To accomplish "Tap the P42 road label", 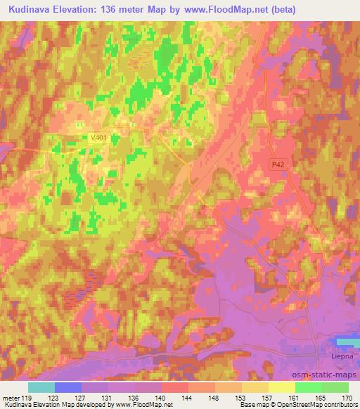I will pyautogui.click(x=278, y=164).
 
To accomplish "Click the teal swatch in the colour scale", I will pyautogui.click(x=41, y=387).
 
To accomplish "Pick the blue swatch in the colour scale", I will pyautogui.click(x=68, y=387).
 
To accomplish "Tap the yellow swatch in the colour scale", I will pyautogui.click(x=281, y=387).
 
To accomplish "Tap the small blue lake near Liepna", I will pyautogui.click(x=347, y=342).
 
